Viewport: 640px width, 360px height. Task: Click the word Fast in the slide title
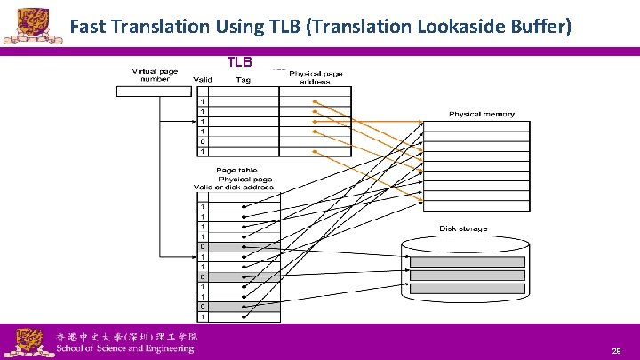pos(89,28)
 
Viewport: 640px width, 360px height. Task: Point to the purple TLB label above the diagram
pos(240,62)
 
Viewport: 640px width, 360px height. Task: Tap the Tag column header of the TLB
pos(244,80)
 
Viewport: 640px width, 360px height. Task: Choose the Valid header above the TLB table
pos(204,80)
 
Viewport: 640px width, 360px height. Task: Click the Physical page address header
pos(316,77)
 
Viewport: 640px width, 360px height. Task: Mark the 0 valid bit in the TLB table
pos(204,140)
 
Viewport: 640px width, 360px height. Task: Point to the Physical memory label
pos(482,115)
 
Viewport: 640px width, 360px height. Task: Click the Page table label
pos(237,171)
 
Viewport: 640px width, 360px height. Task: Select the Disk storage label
pos(463,228)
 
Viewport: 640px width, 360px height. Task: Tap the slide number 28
pos(616,352)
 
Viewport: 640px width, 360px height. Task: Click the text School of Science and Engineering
pos(125,348)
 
